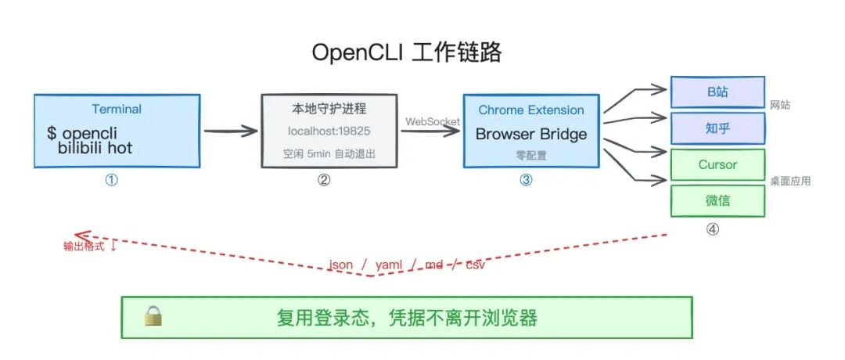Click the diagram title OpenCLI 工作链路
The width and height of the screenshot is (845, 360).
pos(406,52)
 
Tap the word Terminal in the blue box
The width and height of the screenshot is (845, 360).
pos(117,109)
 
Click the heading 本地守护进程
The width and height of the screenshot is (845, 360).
pos(329,108)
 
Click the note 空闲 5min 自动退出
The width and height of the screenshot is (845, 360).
pos(329,153)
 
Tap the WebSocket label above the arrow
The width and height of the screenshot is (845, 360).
pos(432,121)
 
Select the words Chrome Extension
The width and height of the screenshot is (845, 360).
pos(531,110)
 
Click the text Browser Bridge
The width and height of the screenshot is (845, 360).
pos(531,134)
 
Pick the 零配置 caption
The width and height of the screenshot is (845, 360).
pos(531,156)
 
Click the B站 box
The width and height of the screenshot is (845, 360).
pos(717,92)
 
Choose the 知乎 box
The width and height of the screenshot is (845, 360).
pos(717,128)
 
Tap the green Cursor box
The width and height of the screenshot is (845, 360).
pos(717,165)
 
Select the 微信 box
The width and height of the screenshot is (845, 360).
pos(717,200)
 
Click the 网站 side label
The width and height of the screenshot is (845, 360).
pos(780,104)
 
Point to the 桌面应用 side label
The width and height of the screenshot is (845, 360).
pos(789,181)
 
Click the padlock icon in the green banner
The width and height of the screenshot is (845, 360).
pos(153,316)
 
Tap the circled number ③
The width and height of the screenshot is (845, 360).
pos(526,180)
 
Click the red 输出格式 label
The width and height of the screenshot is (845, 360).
pos(90,246)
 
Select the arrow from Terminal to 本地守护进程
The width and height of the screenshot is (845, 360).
pos(231,131)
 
